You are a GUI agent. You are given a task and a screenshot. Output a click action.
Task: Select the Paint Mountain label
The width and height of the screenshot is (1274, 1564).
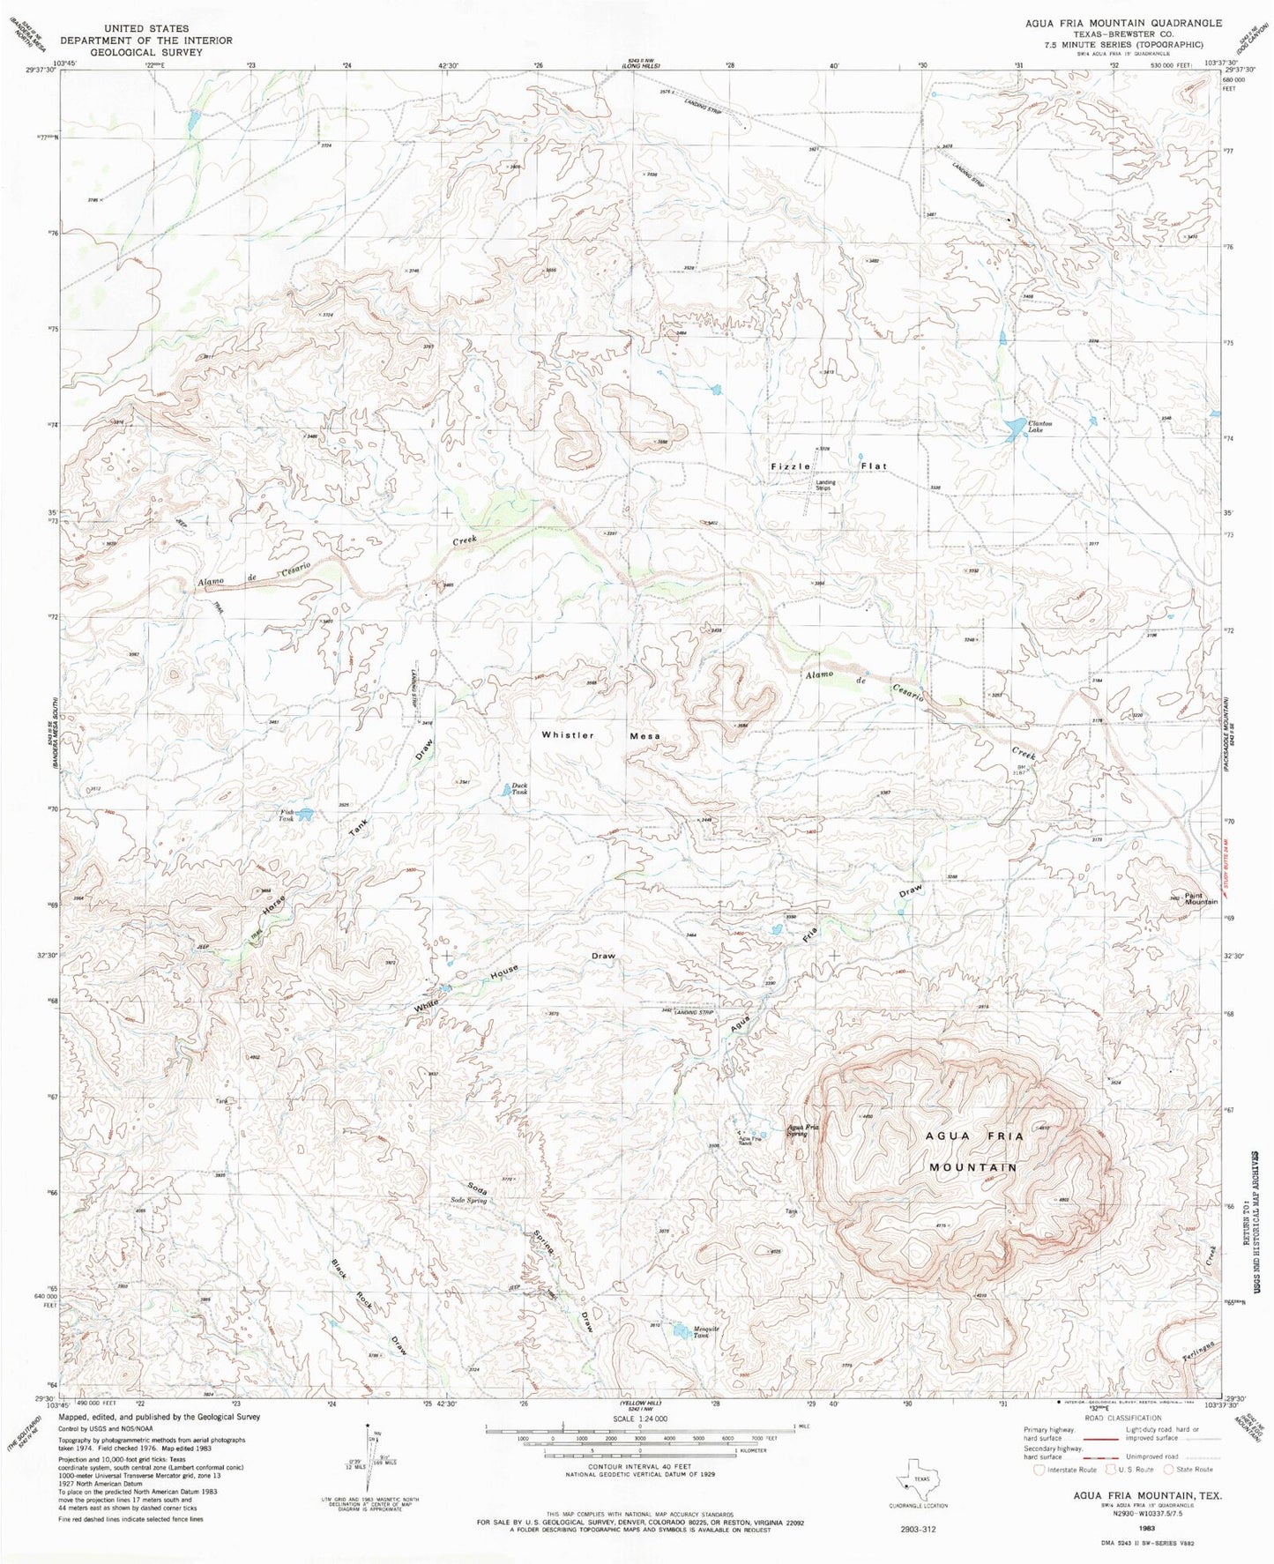(x=1201, y=898)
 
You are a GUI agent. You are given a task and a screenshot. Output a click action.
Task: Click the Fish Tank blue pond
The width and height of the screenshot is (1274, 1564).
(x=305, y=815)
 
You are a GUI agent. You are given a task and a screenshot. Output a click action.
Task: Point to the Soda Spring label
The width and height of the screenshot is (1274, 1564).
(x=468, y=1201)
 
